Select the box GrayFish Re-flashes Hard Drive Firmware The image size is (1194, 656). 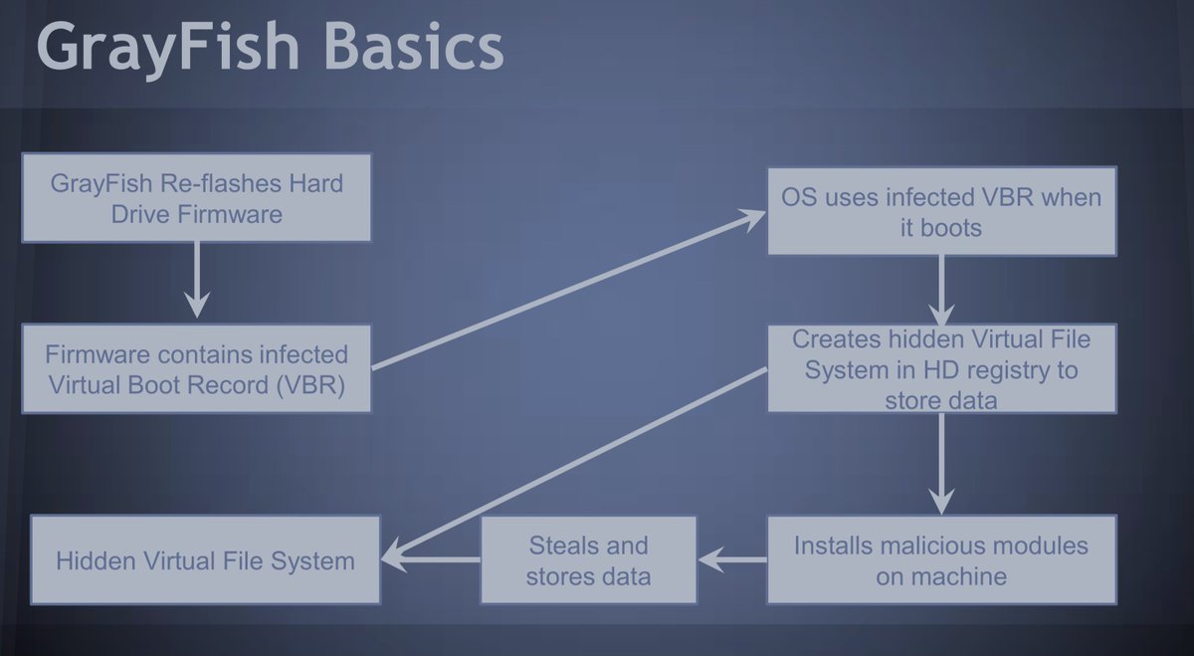(x=196, y=197)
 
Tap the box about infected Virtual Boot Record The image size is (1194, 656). (x=196, y=368)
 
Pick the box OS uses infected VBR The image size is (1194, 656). (x=941, y=211)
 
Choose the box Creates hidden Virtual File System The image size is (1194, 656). (x=941, y=368)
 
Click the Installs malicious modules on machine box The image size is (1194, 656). (x=941, y=559)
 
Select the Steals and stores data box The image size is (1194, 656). (x=587, y=559)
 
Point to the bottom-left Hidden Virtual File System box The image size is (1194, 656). (x=205, y=559)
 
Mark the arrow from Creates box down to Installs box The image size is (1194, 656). (x=940, y=463)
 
